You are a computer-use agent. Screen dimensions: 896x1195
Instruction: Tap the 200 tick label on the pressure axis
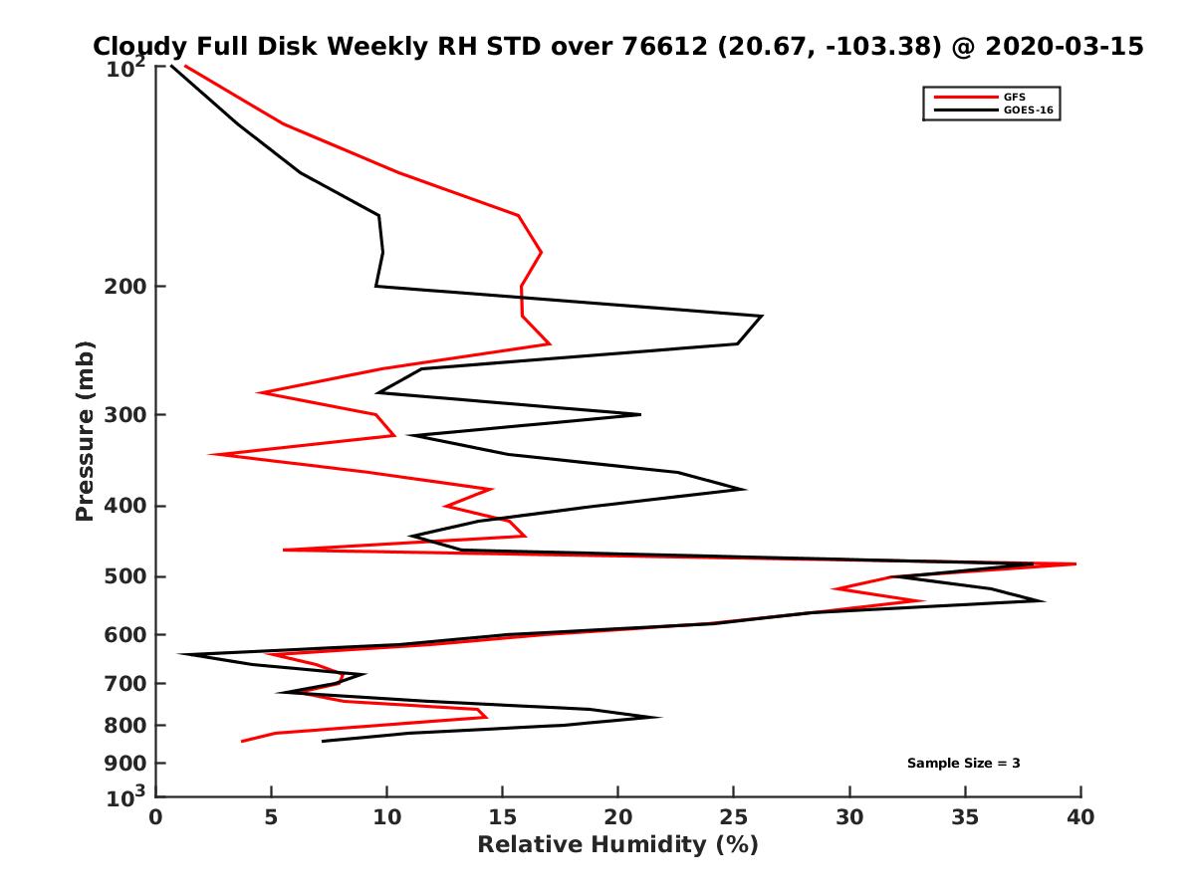pos(124,287)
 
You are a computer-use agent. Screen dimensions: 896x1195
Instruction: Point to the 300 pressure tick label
pos(124,414)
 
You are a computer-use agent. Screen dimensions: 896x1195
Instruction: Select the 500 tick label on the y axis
pos(124,577)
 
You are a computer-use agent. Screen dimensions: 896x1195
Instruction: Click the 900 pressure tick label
pos(124,764)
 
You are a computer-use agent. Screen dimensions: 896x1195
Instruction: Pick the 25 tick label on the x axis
pos(734,817)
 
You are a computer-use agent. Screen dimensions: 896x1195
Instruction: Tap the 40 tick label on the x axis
pos(1080,817)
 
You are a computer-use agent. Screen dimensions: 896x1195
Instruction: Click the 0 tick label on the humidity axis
pos(155,817)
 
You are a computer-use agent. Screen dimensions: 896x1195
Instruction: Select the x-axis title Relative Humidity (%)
pos(617,845)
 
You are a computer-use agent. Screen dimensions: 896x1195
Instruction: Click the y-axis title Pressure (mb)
pos(85,430)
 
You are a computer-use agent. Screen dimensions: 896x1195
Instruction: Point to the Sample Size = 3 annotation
pos(963,764)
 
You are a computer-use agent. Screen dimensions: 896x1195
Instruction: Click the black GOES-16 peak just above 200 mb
pos(762,317)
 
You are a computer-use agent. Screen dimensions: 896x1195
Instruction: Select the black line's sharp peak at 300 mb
pos(640,414)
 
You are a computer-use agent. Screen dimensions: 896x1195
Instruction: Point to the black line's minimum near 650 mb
pos(180,654)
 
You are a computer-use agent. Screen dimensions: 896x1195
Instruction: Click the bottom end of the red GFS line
pos(242,741)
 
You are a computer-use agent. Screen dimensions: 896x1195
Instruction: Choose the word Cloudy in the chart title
pos(136,47)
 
